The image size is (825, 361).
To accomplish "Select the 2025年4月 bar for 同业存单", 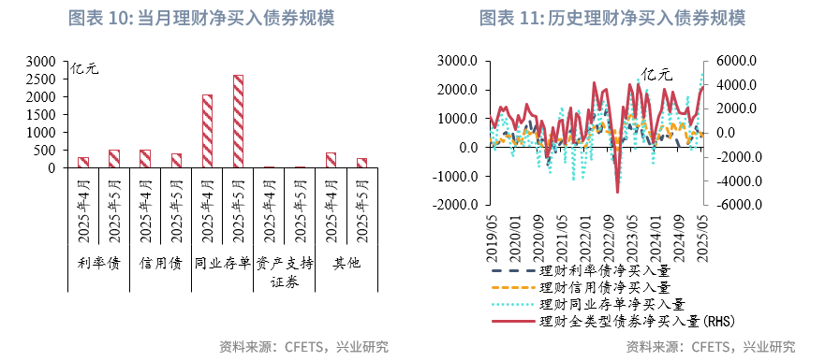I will click(x=207, y=131).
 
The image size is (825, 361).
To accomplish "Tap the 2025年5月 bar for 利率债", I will click(x=113, y=159).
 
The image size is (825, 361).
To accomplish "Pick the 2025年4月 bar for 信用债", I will click(x=144, y=159).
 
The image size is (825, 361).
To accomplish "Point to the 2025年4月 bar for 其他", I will click(x=331, y=160).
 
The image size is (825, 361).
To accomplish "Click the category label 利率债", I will click(x=98, y=263).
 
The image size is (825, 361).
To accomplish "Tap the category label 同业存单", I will click(x=222, y=263).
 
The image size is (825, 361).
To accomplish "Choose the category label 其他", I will click(x=346, y=263).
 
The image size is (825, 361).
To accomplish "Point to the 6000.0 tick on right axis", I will click(x=737, y=61).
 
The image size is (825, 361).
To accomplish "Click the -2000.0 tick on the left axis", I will click(x=458, y=205).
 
